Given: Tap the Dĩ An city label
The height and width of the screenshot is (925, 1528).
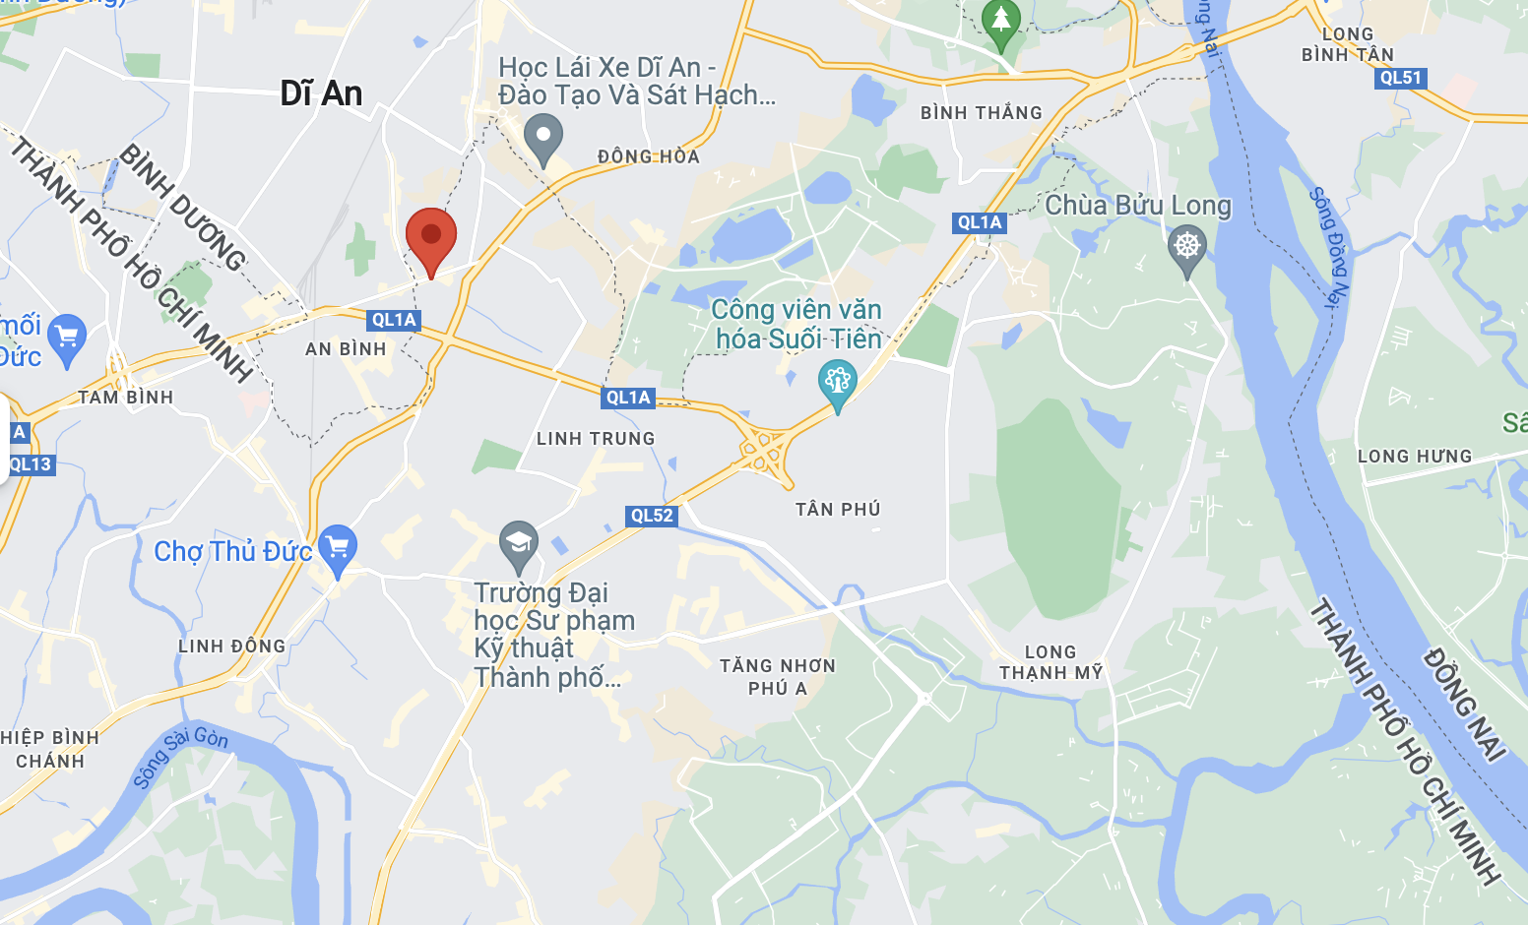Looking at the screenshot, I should tap(321, 93).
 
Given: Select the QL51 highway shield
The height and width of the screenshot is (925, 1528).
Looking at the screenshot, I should tap(1400, 78).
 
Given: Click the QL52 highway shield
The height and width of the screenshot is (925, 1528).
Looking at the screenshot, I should tap(652, 516).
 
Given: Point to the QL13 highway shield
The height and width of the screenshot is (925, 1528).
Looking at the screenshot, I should tap(30, 464).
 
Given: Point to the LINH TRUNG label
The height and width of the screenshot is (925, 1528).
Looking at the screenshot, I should tap(596, 439).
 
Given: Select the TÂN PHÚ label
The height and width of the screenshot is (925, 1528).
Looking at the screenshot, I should tap(838, 509).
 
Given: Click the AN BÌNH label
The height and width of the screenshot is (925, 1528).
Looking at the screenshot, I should tap(346, 349).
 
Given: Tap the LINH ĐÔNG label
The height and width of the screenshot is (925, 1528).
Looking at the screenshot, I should tap(231, 647).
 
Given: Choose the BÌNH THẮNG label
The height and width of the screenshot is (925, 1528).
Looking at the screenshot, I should tap(981, 113).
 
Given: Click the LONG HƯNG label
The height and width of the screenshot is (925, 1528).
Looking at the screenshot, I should tap(1414, 457).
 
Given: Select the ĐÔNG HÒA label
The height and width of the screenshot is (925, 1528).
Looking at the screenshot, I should tap(649, 156).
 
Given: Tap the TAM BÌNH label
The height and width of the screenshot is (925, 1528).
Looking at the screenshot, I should tap(126, 398).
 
